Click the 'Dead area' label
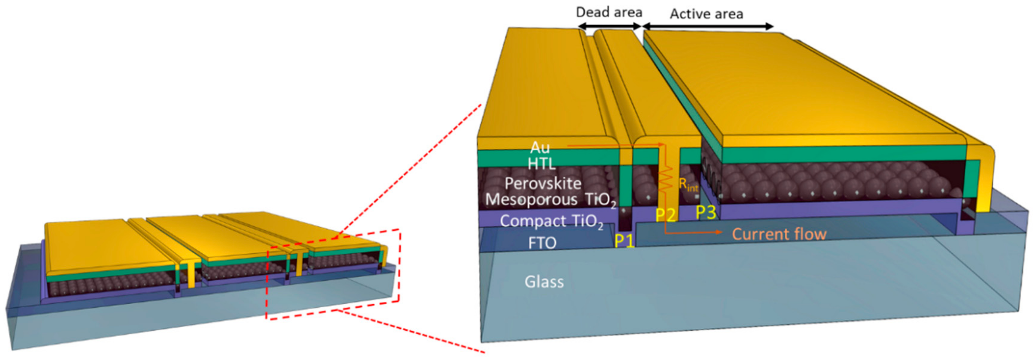[609, 12]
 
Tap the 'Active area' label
[706, 14]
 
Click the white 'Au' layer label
[540, 148]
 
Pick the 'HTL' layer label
[541, 164]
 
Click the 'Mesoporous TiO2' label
[550, 200]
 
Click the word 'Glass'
[544, 282]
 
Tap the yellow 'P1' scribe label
[624, 241]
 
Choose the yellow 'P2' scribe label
[665, 215]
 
